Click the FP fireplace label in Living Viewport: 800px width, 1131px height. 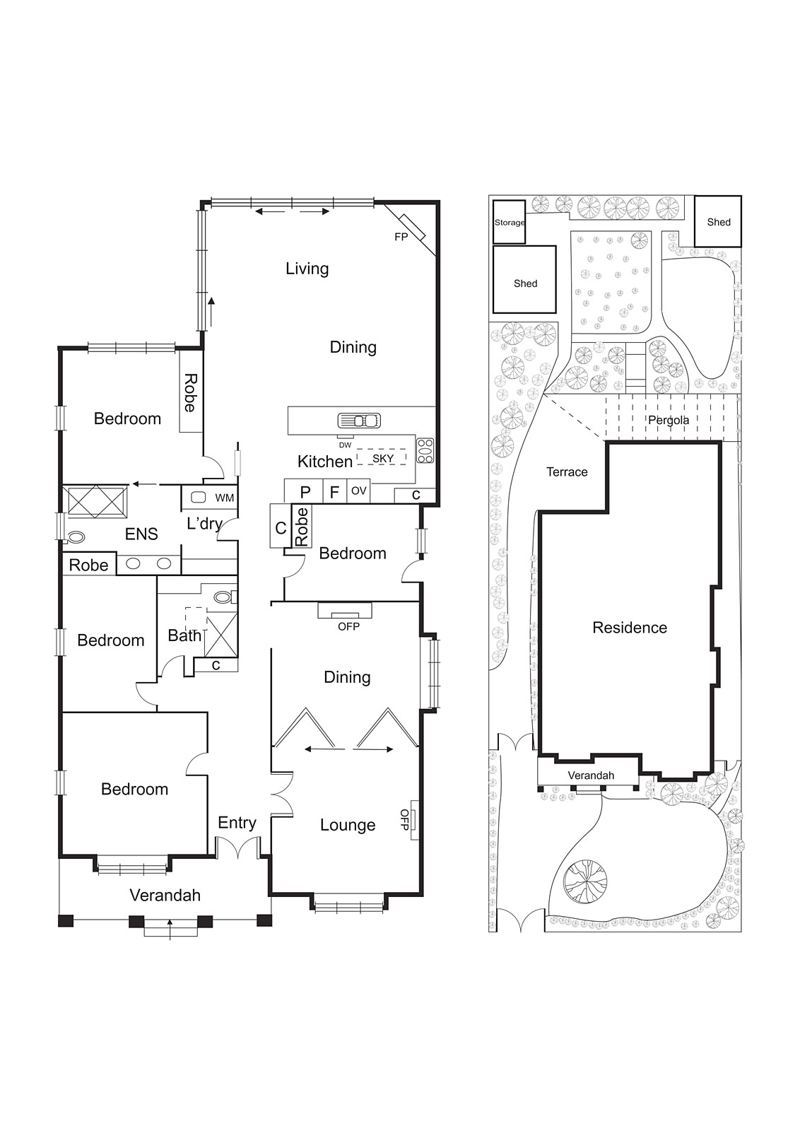pos(401,237)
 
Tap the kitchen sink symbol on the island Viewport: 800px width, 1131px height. pos(360,421)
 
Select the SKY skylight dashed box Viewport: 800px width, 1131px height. pos(382,458)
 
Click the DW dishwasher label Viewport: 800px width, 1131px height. pos(345,445)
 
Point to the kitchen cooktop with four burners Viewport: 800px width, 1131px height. pos(425,451)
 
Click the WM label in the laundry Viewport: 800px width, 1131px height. pos(224,498)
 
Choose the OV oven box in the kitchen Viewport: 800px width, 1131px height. pos(359,491)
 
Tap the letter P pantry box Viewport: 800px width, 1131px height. pos(305,492)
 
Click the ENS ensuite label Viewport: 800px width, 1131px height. pos(141,534)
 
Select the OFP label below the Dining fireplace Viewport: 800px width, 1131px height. pos(348,626)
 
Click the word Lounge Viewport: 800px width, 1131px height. pos(347,825)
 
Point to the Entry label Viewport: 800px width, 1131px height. pos(237,823)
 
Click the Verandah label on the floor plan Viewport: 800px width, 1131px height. pos(165,896)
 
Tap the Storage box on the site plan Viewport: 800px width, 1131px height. pos(509,222)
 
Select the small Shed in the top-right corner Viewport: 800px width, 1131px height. pos(718,222)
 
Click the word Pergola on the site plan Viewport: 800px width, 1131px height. pos(668,420)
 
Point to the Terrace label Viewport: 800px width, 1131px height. pos(567,472)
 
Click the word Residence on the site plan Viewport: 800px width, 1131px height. pos(629,628)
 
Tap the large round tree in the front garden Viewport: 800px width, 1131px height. pos(585,881)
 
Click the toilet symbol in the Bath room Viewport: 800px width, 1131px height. pos(223,597)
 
